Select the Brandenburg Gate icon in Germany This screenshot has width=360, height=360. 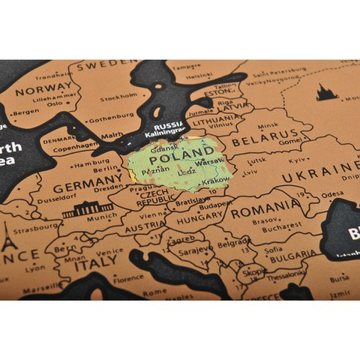point(87,209)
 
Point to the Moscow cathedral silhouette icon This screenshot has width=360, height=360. point(326,93)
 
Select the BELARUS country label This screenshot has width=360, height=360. point(260,139)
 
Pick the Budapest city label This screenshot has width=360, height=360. point(215,203)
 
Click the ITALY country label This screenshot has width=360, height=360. point(95,262)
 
